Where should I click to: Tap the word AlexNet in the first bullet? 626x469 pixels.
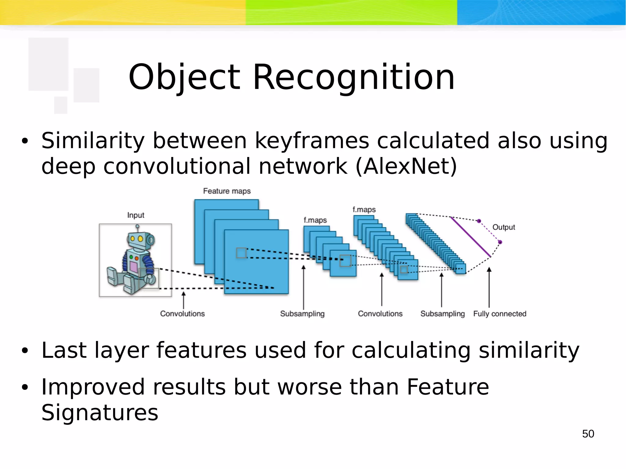point(406,167)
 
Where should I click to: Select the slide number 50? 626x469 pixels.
point(588,434)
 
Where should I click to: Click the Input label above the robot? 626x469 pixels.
point(136,215)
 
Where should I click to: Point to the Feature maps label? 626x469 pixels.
point(227,191)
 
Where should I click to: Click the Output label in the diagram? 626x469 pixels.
point(503,227)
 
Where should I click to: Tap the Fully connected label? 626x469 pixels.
point(499,314)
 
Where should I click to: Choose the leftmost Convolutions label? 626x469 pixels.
point(182,314)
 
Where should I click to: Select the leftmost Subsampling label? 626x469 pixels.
point(302,314)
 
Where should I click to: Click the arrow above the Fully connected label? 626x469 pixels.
point(489,287)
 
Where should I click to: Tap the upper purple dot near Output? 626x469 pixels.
point(479,221)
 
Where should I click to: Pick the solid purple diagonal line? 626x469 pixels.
point(471,237)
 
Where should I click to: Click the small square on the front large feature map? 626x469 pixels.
point(241,253)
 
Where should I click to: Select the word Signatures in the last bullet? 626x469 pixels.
point(100,412)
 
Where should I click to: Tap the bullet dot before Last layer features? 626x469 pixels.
point(25,351)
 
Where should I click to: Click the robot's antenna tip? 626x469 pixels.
point(138,226)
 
